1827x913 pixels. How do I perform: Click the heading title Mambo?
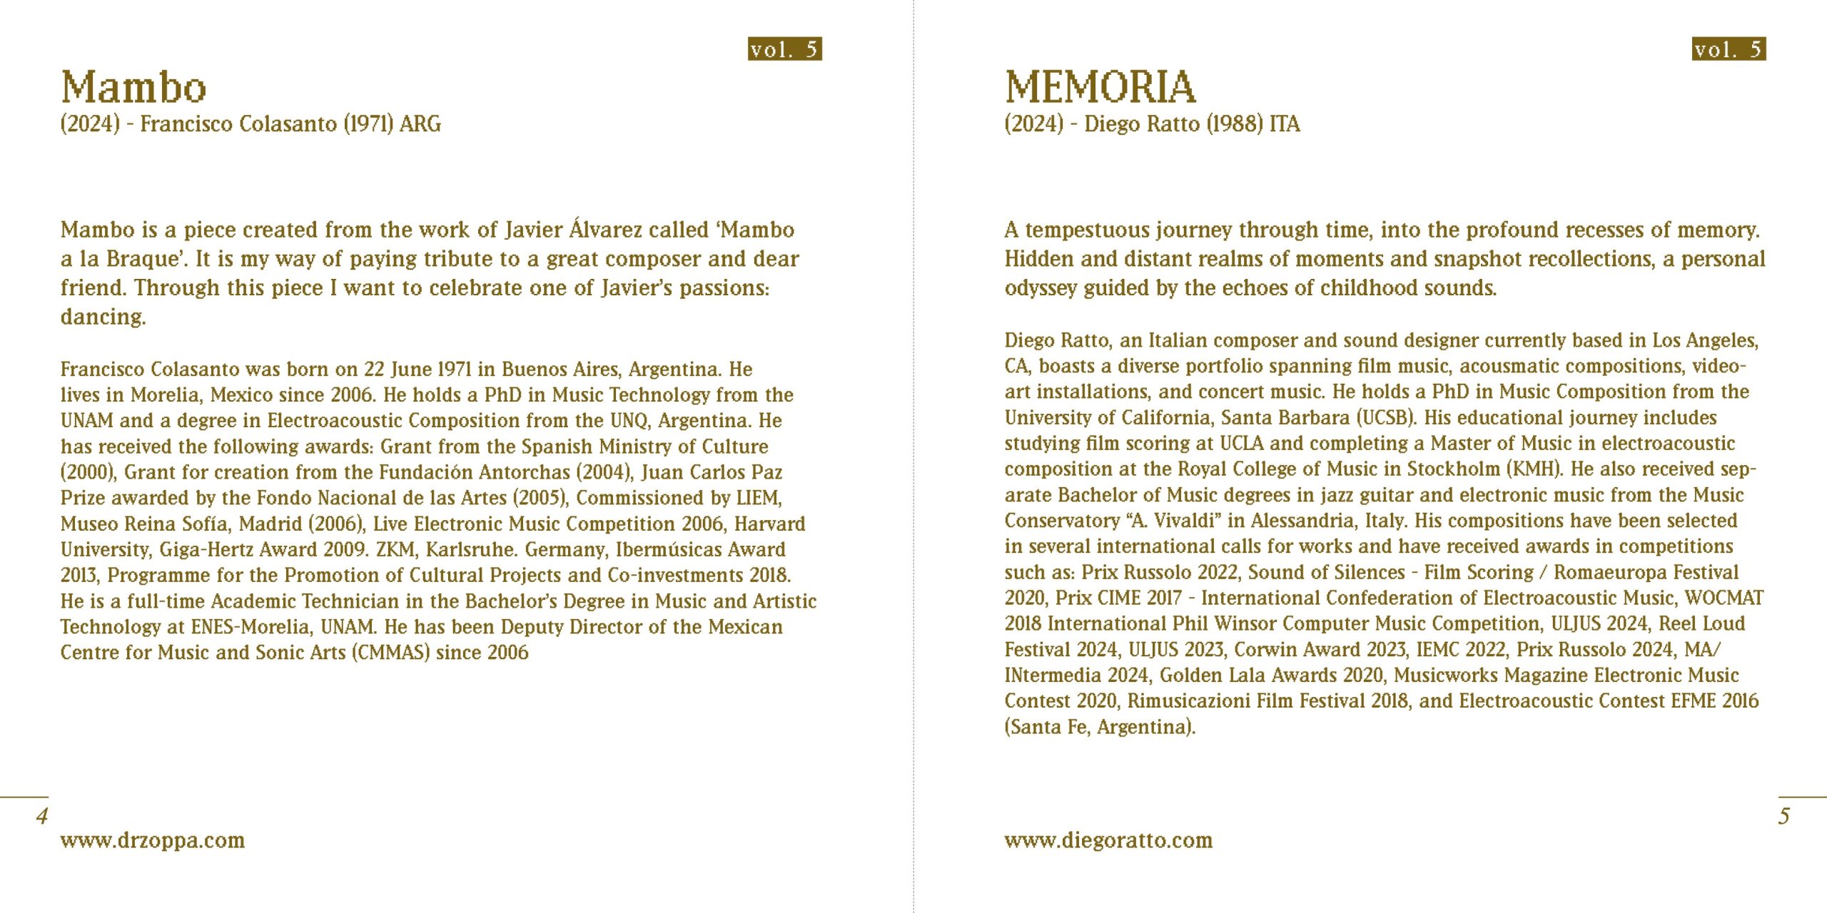(x=133, y=88)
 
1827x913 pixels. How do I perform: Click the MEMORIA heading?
(x=1100, y=88)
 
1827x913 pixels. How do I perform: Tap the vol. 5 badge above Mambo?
(x=784, y=49)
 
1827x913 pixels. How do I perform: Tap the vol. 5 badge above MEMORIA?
(x=1729, y=49)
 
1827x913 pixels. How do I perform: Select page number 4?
(x=42, y=816)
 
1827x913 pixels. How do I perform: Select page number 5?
(x=1783, y=816)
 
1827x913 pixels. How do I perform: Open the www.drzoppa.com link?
(x=153, y=840)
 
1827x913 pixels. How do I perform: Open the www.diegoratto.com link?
(x=1108, y=840)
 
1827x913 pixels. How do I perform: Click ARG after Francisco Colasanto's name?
(x=420, y=124)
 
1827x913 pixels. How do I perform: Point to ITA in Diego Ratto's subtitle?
(x=1285, y=124)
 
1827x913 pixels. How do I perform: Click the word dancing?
(x=102, y=317)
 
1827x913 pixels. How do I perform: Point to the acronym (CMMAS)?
(x=391, y=653)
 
